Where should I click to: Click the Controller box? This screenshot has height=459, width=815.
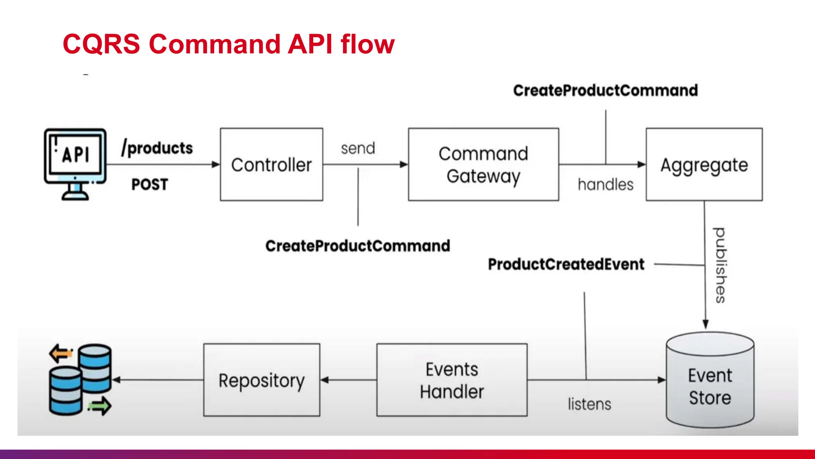[271, 165]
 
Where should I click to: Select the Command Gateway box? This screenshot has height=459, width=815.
[483, 165]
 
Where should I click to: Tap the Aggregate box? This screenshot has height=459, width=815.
[704, 165]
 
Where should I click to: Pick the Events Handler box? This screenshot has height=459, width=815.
[452, 380]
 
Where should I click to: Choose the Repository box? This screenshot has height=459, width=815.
[261, 380]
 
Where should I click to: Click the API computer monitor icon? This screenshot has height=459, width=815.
[75, 163]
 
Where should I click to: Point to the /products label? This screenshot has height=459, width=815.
[157, 148]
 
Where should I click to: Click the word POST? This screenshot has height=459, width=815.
[150, 184]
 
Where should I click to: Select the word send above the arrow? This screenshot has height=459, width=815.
[358, 148]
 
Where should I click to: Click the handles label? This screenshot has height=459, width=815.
[605, 184]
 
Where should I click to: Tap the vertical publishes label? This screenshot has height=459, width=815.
[720, 265]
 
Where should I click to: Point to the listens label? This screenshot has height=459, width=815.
[589, 404]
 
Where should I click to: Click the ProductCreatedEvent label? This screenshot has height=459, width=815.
[566, 264]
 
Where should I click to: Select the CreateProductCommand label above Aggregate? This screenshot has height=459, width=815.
[605, 90]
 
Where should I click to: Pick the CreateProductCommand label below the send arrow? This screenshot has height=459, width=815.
[357, 246]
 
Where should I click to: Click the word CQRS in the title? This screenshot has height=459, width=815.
[101, 44]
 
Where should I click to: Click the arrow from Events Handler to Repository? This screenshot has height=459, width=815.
[348, 380]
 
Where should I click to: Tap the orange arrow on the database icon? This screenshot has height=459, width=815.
[60, 353]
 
